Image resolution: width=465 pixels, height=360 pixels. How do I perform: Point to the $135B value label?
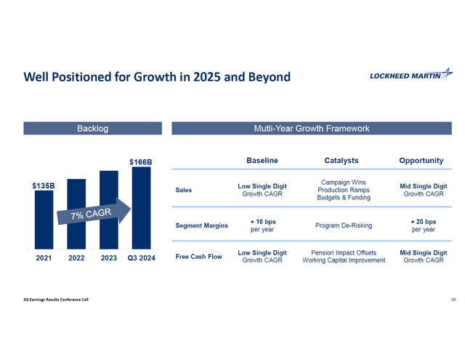44,186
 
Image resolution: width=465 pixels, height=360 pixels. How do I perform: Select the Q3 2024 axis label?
140,257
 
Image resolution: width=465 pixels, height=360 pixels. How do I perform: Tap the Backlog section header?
92,129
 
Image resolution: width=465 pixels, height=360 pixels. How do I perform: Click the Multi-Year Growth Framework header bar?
312,129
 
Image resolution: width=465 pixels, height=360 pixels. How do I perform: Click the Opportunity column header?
421,160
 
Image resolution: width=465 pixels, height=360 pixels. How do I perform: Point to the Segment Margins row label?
202,225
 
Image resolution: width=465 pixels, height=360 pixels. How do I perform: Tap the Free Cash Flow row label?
199,256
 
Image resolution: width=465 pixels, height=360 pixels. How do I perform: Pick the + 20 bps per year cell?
423,225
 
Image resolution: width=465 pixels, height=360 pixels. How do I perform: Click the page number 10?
453,300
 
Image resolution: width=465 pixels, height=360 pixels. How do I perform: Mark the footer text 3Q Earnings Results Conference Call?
57,300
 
